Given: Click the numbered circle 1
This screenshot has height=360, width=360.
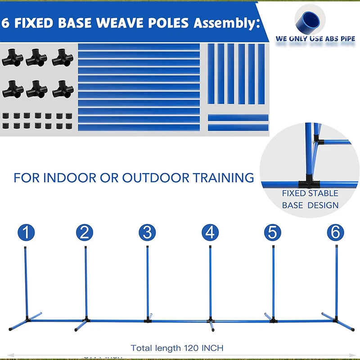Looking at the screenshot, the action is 26,233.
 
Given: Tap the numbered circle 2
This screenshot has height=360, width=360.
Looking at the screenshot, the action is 85,233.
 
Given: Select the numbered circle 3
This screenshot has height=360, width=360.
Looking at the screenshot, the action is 147,233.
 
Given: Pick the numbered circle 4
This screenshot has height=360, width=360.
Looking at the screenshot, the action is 210,233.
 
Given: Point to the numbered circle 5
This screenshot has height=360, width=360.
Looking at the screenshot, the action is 272,233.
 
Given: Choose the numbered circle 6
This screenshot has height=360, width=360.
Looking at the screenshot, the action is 335,233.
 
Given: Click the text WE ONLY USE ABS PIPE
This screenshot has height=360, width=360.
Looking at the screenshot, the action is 316,39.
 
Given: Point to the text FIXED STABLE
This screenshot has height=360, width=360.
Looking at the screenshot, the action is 310,193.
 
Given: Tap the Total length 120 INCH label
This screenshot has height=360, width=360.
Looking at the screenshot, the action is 177,348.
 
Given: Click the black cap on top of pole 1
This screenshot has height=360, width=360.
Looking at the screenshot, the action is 25,247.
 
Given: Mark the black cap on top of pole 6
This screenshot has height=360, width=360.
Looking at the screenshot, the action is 337,247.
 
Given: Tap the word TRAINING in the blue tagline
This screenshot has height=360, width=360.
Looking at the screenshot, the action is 224,177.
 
